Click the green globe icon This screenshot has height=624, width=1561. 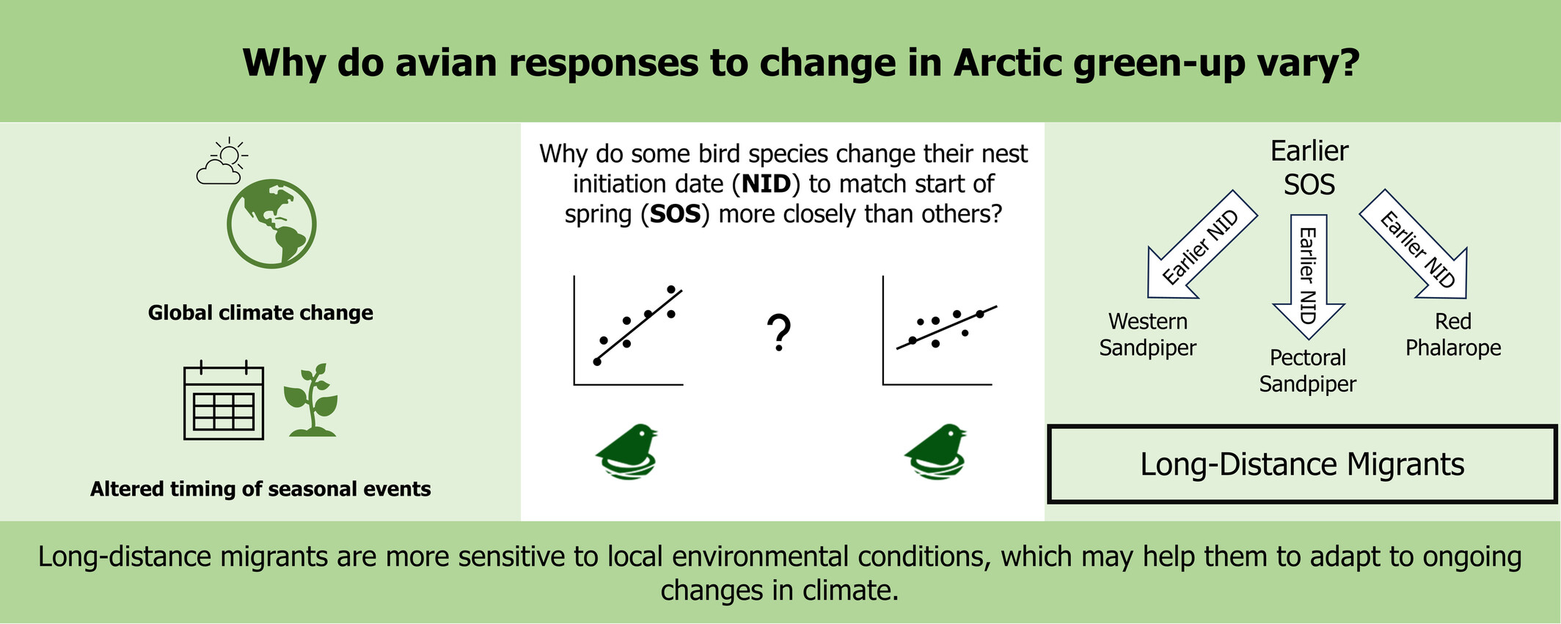point(271,224)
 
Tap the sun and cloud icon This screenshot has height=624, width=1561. point(222,161)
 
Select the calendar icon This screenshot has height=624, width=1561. point(223,400)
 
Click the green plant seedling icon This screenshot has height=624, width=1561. point(312,400)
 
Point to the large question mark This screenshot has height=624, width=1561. point(779,333)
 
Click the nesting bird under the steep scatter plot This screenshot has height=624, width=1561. point(626,452)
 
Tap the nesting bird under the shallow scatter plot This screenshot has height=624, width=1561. point(935,452)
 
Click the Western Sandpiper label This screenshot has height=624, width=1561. point(1148,334)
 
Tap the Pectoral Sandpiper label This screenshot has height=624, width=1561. point(1308,370)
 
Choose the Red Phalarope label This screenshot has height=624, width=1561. point(1453,334)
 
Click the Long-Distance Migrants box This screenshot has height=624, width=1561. point(1302,464)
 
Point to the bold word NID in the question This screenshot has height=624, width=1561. point(767,183)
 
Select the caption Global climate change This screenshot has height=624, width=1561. point(260,313)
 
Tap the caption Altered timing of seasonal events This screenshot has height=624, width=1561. point(260,489)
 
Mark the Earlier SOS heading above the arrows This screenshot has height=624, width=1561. point(1309,168)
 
